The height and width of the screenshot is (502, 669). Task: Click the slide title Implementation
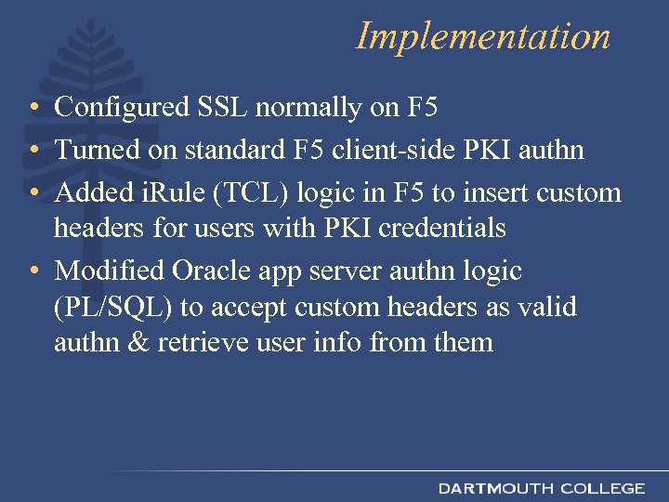[483, 36]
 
